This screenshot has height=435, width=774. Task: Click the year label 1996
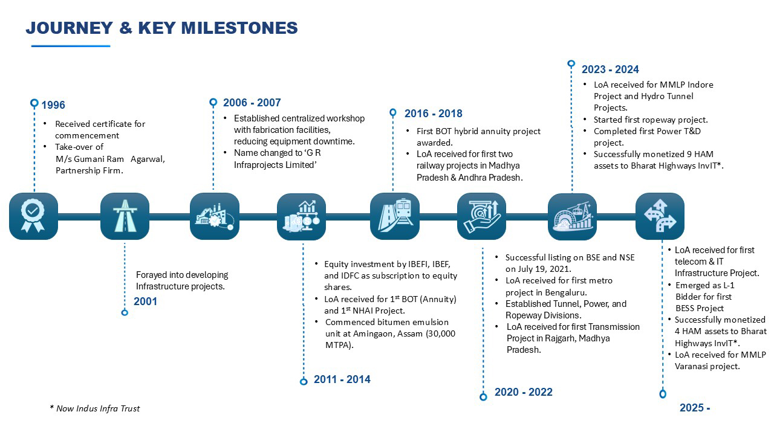[53, 105]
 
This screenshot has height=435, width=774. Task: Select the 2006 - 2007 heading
[252, 103]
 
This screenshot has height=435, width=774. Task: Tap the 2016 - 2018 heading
[434, 113]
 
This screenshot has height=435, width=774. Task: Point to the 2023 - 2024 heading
[610, 69]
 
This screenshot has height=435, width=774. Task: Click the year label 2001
[146, 301]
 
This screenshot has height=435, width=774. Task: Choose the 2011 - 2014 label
[342, 379]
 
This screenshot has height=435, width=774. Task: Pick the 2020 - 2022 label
[524, 392]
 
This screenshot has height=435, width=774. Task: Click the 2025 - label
[695, 408]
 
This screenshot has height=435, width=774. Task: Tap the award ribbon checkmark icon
[33, 216]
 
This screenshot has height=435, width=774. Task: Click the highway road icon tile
[125, 216]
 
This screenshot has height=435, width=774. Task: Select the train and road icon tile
[395, 216]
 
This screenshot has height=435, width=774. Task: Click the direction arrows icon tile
[660, 216]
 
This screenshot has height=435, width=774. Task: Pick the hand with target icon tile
[482, 216]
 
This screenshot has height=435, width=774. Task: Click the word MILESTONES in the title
[239, 28]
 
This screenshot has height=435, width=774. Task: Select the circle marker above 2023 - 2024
[571, 63]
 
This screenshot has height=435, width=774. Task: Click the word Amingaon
[373, 334]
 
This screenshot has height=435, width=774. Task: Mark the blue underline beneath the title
[71, 46]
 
